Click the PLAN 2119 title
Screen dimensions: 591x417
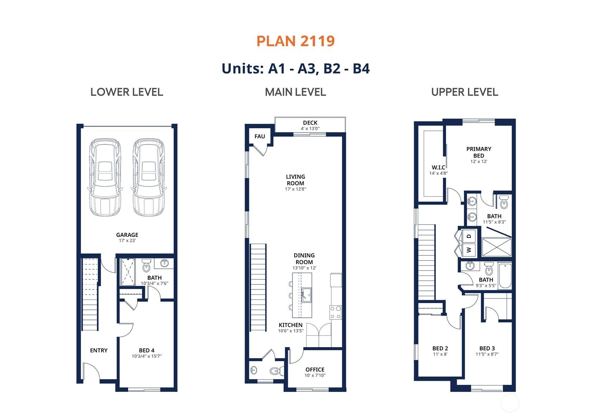[x=296, y=41]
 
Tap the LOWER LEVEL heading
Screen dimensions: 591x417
[x=127, y=92]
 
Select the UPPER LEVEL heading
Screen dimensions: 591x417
[x=465, y=92]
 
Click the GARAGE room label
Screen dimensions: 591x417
[x=127, y=235]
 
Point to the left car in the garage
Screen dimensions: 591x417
[x=105, y=177]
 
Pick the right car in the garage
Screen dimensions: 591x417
[x=149, y=177]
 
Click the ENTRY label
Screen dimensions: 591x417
[x=99, y=350]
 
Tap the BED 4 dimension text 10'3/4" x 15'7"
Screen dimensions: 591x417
[x=147, y=356]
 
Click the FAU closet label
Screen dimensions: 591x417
[x=260, y=136]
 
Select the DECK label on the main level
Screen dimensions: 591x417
[x=310, y=123]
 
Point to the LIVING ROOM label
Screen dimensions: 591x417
[x=296, y=180]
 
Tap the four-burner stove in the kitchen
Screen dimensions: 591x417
[x=336, y=312]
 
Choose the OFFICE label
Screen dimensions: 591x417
[x=315, y=370]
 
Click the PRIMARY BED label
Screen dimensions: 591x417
[x=479, y=152]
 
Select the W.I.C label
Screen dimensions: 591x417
[x=438, y=168]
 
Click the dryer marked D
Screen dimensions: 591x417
[x=469, y=236]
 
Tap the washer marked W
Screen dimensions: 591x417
[x=469, y=250]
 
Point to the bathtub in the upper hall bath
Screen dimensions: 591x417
[x=505, y=276]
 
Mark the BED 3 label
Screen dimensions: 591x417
[x=487, y=349]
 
